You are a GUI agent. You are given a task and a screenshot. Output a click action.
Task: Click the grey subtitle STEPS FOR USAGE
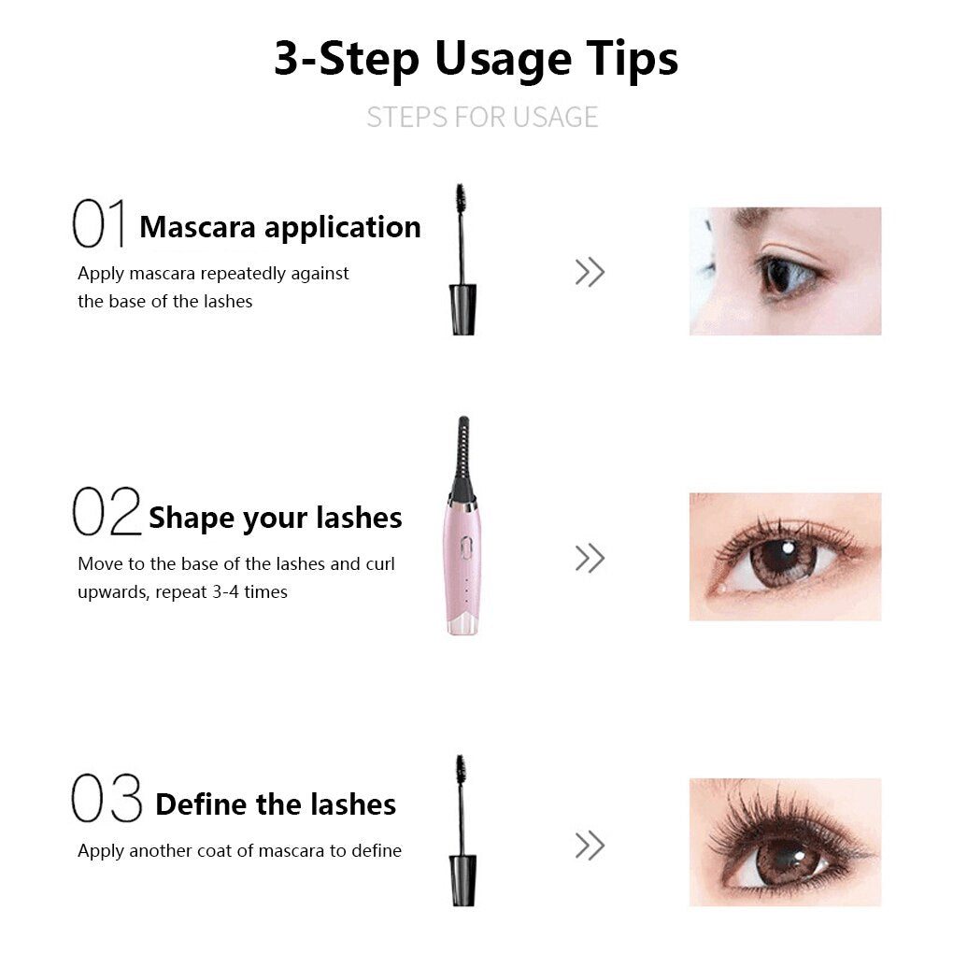pyautogui.click(x=481, y=117)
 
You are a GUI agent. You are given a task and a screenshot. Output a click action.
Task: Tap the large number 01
pyautogui.click(x=98, y=225)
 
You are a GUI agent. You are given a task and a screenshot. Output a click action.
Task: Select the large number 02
pyautogui.click(x=106, y=513)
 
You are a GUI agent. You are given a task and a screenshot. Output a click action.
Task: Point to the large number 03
pyautogui.click(x=107, y=800)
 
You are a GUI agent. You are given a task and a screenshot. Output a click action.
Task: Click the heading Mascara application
pyautogui.click(x=279, y=227)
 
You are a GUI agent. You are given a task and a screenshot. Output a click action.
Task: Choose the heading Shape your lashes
pyautogui.click(x=275, y=518)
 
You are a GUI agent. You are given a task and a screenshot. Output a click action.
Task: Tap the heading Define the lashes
pyautogui.click(x=275, y=804)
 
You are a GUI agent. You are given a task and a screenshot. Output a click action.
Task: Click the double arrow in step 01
pyautogui.click(x=590, y=273)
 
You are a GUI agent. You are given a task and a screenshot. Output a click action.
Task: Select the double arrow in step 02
pyautogui.click(x=590, y=559)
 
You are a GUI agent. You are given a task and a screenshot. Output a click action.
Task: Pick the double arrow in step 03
pyautogui.click(x=590, y=846)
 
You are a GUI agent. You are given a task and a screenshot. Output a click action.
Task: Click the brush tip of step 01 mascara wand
pyautogui.click(x=461, y=197)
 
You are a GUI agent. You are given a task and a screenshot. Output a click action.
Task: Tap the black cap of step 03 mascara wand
pyautogui.click(x=462, y=880)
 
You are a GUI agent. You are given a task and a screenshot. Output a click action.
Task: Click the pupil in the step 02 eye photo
pyautogui.click(x=783, y=561)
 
